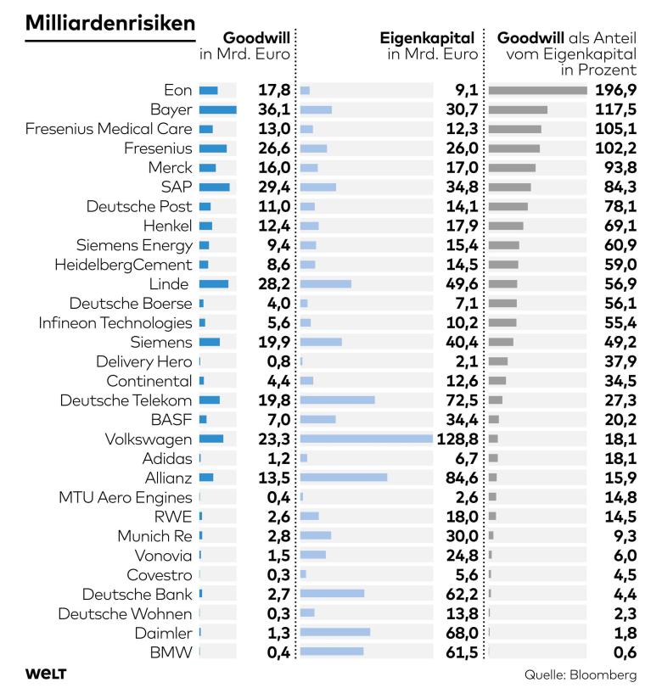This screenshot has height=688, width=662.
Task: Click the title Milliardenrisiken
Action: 110,23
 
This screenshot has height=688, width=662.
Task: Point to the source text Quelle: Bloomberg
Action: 580,674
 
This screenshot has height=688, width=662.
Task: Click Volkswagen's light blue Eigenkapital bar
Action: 367,439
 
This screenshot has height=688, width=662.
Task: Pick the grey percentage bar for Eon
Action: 538,90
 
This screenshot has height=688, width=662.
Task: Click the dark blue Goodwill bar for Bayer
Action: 218,109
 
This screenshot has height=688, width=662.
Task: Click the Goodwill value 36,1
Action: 274,109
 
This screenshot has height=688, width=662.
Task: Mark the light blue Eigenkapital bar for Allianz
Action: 344,477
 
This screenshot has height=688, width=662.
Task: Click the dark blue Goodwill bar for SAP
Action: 215,187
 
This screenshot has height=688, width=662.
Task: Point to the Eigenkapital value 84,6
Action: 462,477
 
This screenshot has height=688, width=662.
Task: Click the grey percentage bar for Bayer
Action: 518,109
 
